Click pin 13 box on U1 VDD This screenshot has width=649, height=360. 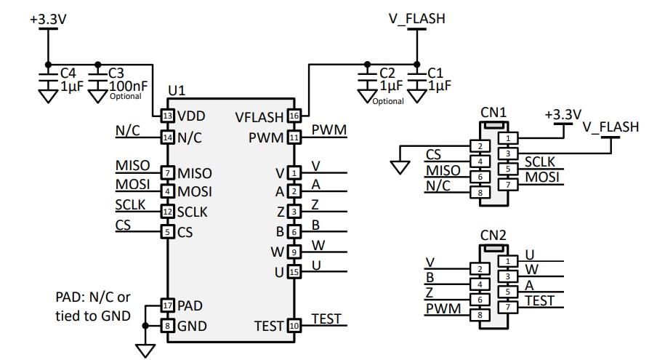point(168,116)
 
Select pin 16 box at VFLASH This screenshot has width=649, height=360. point(294,116)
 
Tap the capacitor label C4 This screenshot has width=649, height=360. point(68,73)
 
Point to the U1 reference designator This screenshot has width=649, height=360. point(177,90)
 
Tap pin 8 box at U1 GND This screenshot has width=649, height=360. point(168,326)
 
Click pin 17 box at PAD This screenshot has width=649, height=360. point(168,306)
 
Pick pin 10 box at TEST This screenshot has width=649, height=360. point(294,326)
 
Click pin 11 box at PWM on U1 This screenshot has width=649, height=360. point(294,137)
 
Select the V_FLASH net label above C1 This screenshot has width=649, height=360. point(417,18)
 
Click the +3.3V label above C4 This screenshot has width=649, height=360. point(48,18)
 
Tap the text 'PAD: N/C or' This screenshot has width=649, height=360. point(93,297)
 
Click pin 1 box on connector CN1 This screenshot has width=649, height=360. point(510,137)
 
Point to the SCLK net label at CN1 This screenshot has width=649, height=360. point(540,161)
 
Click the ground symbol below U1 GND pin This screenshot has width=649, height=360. point(147,351)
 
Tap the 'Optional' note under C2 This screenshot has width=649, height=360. point(388,101)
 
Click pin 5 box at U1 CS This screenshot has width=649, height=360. point(168,233)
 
